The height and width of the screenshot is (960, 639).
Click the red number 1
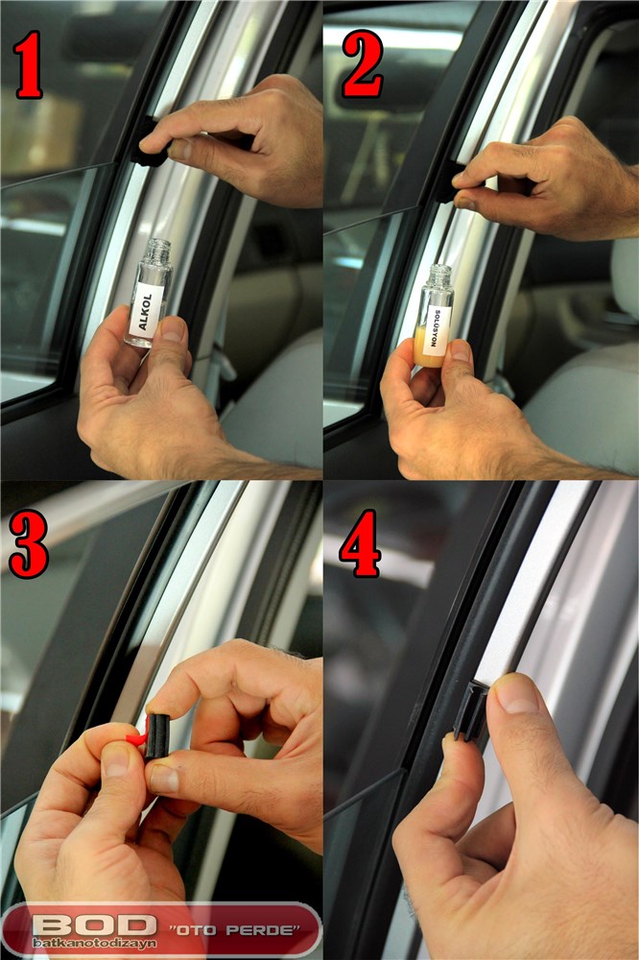pyautogui.click(x=28, y=65)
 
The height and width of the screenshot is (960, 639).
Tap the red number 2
pyautogui.click(x=363, y=63)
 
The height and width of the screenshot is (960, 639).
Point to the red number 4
pyautogui.click(x=360, y=543)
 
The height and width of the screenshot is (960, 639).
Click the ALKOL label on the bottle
pyautogui.click(x=146, y=310)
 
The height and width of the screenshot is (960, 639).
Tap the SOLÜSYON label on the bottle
pyautogui.click(x=437, y=328)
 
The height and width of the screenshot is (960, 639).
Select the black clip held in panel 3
pyautogui.click(x=157, y=736)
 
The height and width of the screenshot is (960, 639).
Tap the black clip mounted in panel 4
pyautogui.click(x=471, y=711)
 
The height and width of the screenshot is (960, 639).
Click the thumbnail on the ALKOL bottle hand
pyautogui.click(x=174, y=330)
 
